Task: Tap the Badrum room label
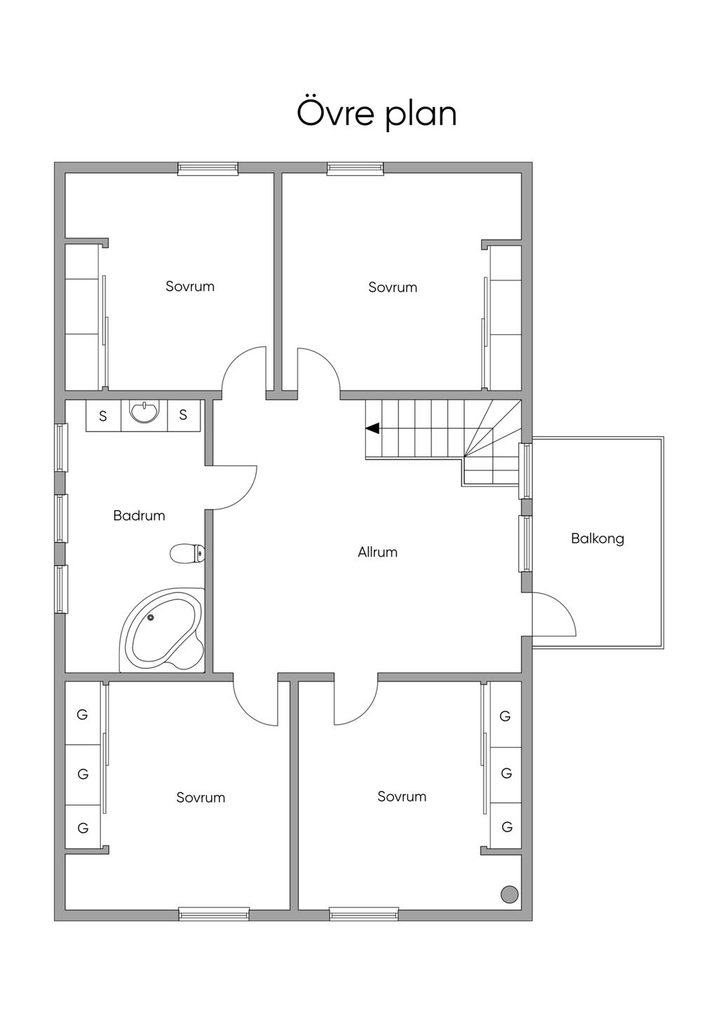[x=139, y=516]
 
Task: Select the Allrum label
[x=378, y=552]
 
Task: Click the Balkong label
[x=597, y=539]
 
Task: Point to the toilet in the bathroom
[x=187, y=553]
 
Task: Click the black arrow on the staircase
[x=372, y=428]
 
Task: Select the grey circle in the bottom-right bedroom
[x=509, y=894]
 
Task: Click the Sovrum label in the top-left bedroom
[x=190, y=287]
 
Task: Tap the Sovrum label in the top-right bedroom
[x=393, y=287]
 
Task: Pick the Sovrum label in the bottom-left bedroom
[x=201, y=798]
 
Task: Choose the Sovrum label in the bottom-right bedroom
[x=402, y=796]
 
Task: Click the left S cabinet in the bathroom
[x=103, y=416]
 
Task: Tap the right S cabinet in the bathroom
[x=184, y=416]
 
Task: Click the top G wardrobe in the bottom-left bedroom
[x=83, y=714]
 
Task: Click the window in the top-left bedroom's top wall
[x=208, y=168]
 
